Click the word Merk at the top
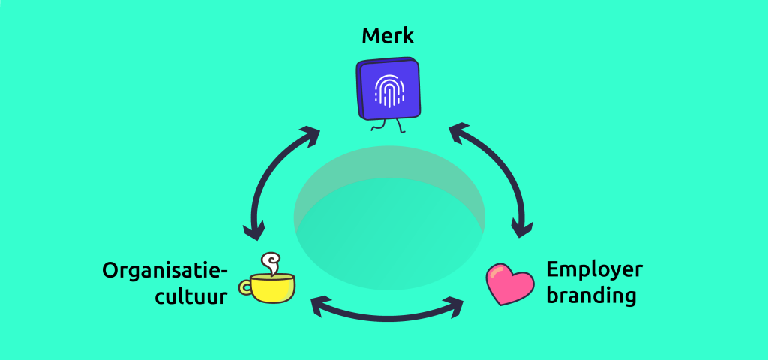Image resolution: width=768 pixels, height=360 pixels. pyautogui.click(x=387, y=35)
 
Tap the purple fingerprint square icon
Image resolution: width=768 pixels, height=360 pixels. pyautogui.click(x=388, y=89)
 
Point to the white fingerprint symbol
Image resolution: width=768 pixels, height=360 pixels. pyautogui.click(x=388, y=91)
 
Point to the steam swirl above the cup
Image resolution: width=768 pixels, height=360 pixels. pyautogui.click(x=268, y=262)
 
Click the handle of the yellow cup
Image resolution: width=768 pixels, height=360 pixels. pyautogui.click(x=245, y=286)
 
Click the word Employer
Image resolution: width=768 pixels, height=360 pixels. pyautogui.click(x=594, y=270)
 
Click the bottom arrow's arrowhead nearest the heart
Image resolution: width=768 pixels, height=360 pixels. pyautogui.click(x=453, y=304)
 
